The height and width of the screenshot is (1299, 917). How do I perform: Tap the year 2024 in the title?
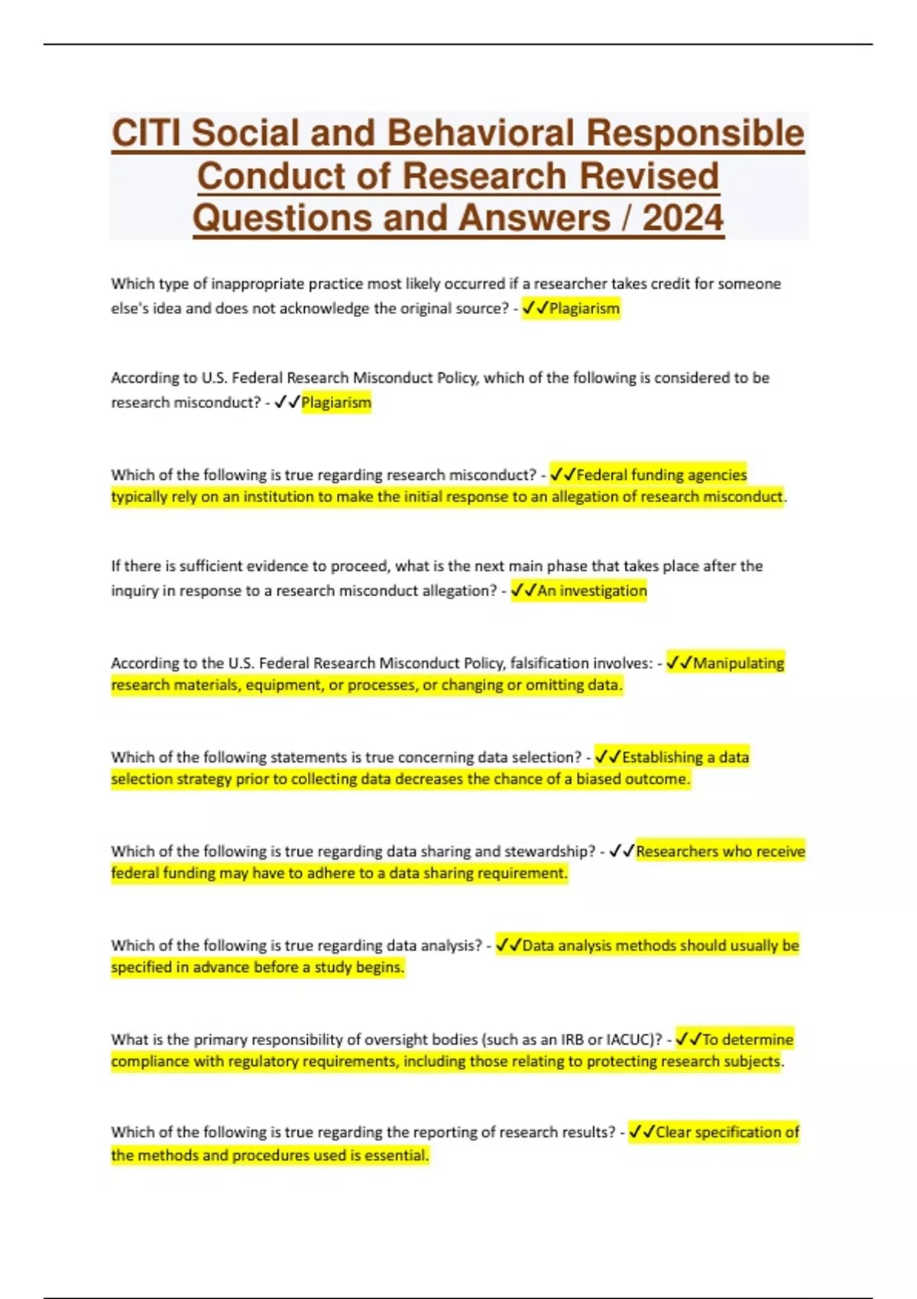click(682, 219)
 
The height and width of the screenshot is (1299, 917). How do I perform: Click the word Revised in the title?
click(649, 176)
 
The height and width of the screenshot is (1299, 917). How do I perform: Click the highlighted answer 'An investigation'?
click(591, 591)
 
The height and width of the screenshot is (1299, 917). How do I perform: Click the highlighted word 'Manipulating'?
click(738, 663)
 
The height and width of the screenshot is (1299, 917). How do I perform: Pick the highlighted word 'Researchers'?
click(677, 851)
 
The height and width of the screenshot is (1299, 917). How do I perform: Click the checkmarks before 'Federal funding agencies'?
click(562, 475)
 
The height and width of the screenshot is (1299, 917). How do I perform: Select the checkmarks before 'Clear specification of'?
click(642, 1132)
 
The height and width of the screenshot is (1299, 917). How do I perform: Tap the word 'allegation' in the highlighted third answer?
click(585, 497)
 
